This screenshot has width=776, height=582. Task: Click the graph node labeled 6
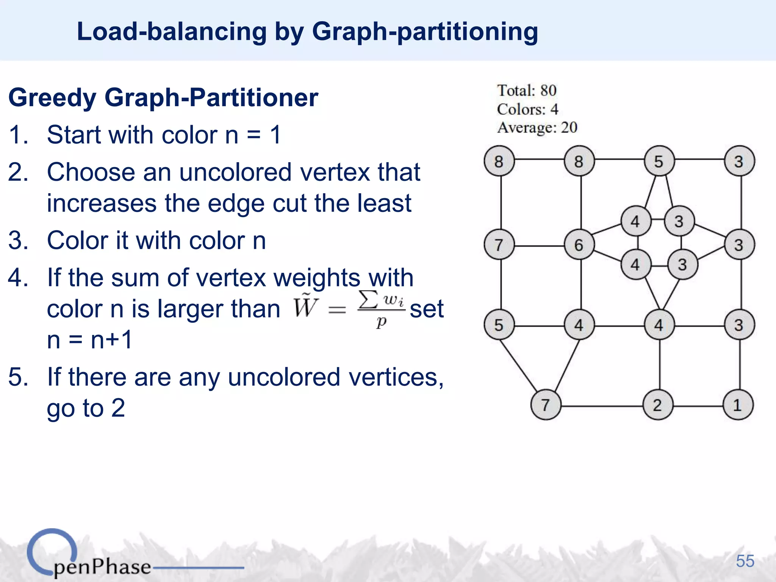point(579,244)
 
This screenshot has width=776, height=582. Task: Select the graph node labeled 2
point(658,405)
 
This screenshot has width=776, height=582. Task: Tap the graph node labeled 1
point(738,405)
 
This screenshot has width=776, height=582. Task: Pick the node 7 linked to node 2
point(546,405)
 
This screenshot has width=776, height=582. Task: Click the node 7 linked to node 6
point(499,244)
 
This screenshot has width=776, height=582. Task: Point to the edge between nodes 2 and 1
point(698,406)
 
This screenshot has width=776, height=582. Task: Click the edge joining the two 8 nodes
point(539,160)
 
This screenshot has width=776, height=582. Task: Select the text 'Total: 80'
point(527,91)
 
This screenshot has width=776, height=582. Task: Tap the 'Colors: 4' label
point(527,109)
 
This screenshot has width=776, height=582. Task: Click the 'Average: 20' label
point(537,128)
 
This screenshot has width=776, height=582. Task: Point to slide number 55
point(745,561)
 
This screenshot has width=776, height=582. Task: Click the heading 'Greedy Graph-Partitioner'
point(163,98)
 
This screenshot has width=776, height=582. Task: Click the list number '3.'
point(18,241)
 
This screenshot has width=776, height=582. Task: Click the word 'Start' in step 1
point(74,135)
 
